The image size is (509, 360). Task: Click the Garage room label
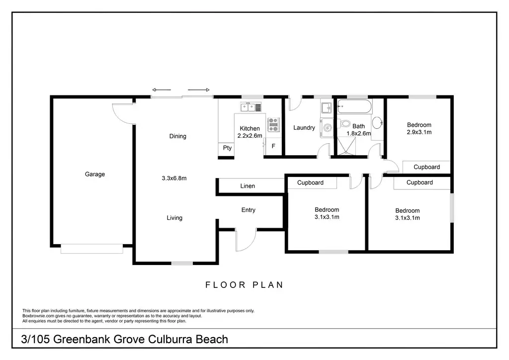tap(95, 175)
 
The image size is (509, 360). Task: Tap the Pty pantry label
tap(227, 148)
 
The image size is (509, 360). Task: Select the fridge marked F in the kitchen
tap(273, 146)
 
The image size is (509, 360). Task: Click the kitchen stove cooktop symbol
tap(273, 124)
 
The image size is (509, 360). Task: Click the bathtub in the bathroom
tap(354, 106)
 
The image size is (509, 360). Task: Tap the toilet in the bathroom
tap(344, 124)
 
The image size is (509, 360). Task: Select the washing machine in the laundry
tap(327, 128)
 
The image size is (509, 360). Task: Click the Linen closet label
tap(248, 186)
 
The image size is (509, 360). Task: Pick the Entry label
tap(249, 210)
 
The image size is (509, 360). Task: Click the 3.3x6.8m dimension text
tap(174, 178)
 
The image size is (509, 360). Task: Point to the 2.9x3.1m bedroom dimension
tap(419, 132)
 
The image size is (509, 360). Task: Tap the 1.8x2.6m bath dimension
tap(359, 133)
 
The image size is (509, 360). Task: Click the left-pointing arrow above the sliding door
tap(161, 90)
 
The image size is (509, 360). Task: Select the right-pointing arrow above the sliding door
tap(199, 90)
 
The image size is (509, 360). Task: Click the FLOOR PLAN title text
tap(245, 285)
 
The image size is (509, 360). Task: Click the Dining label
tap(177, 136)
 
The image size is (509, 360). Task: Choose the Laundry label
tap(304, 128)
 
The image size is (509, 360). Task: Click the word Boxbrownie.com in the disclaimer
tap(39, 316)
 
